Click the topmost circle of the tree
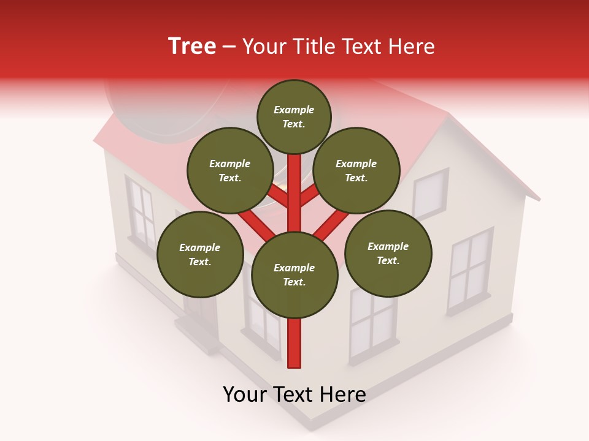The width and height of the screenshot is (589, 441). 294,116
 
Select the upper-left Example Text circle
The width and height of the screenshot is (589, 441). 230,170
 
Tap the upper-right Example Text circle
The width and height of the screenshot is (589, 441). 356,170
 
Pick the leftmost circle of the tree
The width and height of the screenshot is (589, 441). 200,254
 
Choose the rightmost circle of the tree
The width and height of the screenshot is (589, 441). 388,253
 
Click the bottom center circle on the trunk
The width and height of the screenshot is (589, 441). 294,274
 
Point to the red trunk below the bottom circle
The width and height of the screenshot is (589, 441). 294,343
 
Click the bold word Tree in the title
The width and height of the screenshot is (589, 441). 192,46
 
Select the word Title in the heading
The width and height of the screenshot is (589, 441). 314,46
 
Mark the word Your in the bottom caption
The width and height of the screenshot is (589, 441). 245,394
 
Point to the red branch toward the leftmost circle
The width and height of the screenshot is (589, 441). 255,224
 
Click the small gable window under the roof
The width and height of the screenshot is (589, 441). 429,193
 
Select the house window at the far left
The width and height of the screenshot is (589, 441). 141,214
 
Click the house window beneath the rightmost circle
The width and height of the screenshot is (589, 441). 372,325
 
